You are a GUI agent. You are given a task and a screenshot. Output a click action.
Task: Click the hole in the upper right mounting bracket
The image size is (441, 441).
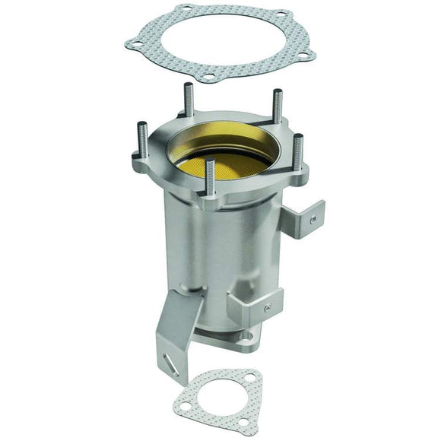coord(312,218)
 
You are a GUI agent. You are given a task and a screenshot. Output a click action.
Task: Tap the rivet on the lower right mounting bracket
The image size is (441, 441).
coord(267,309)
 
